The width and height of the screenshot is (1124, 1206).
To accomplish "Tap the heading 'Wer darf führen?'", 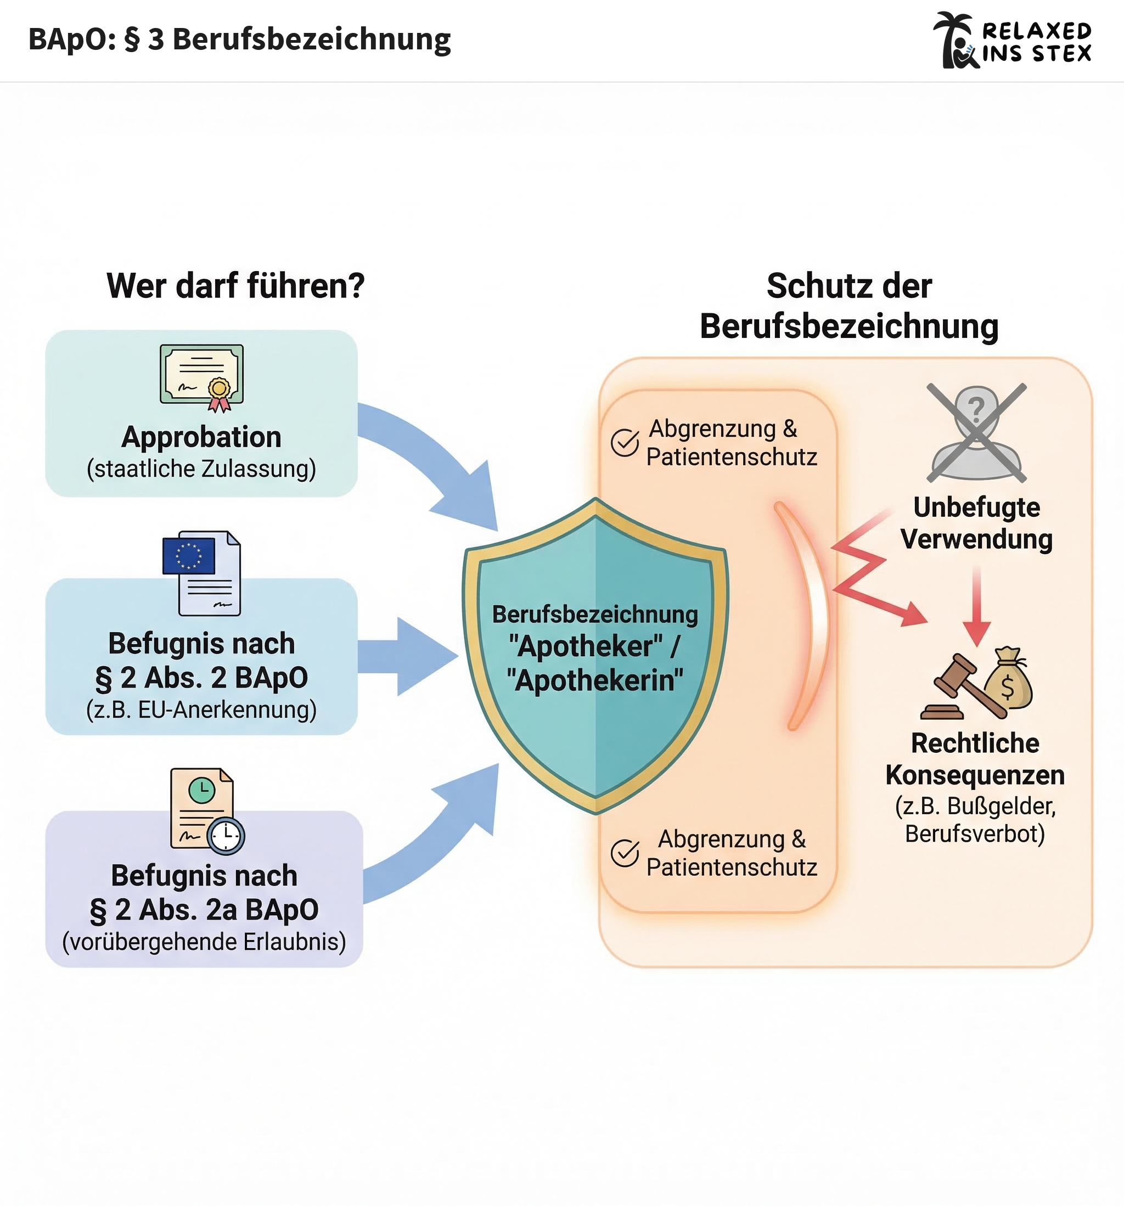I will [x=235, y=286].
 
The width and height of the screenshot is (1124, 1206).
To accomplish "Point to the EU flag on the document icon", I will [x=189, y=556].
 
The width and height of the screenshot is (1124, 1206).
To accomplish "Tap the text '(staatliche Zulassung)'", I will [x=201, y=469].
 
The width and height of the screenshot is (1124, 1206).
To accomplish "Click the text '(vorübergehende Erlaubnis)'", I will [x=204, y=942].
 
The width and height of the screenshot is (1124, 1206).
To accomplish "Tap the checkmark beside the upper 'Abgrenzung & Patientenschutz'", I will [x=625, y=442].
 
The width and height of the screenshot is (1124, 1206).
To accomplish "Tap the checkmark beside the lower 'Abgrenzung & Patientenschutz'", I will [x=625, y=853].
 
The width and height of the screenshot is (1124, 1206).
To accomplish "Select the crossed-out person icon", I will [x=976, y=432].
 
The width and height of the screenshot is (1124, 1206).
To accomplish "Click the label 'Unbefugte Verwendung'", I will [x=976, y=523].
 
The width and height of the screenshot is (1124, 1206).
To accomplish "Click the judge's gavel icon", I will [x=958, y=689].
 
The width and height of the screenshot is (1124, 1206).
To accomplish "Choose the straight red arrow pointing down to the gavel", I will [x=976, y=607].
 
